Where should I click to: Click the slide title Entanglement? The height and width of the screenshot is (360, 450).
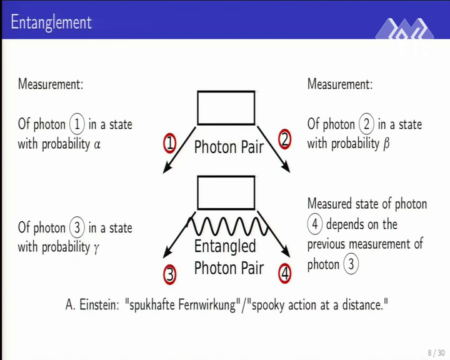tap(51, 22)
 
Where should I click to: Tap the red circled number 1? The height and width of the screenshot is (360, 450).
tap(169, 143)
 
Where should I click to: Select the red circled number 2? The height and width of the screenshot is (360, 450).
tap(284, 139)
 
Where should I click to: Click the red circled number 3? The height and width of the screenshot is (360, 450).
tap(169, 274)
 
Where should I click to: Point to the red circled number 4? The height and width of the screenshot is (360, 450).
tap(284, 273)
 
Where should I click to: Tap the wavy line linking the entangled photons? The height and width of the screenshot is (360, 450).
tap(227, 226)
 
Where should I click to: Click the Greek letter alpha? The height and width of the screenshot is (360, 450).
tap(97, 144)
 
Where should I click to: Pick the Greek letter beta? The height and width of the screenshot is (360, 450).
tap(386, 143)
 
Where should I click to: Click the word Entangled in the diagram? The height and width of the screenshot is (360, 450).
tap(225, 247)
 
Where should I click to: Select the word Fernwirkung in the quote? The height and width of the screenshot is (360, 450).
tap(207, 304)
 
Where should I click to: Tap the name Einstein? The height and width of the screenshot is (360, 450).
tap(99, 304)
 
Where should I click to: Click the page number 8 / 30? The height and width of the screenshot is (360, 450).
tap(436, 352)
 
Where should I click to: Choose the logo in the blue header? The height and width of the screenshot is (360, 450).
tap(404, 35)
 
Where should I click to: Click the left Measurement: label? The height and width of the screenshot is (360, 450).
tap(51, 84)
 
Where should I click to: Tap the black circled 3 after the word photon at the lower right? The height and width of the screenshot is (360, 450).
tap(351, 264)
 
